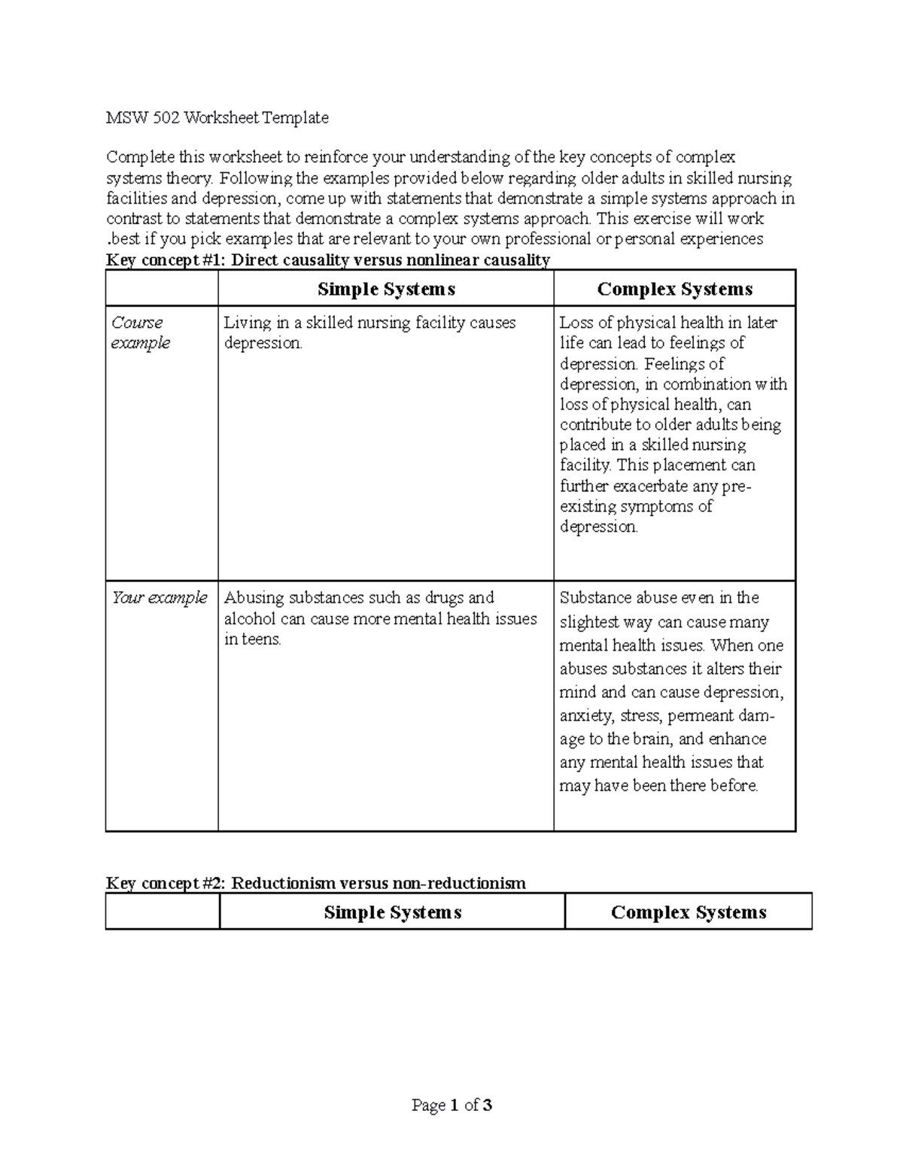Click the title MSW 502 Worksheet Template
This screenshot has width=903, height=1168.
coord(217,117)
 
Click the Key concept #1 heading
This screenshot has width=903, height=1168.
coord(328,260)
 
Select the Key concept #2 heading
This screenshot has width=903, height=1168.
coord(315,883)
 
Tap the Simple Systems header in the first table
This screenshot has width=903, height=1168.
coord(386,289)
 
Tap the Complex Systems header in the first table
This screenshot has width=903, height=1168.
coord(674,289)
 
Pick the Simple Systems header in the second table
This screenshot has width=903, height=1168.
coord(392,912)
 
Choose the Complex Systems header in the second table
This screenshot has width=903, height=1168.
coord(688,912)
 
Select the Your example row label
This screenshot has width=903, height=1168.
coord(159,598)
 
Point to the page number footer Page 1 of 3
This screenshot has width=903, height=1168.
coord(451,1105)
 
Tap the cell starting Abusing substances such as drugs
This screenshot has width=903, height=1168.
coord(380,618)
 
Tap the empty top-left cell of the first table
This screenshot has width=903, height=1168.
coord(162,289)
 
